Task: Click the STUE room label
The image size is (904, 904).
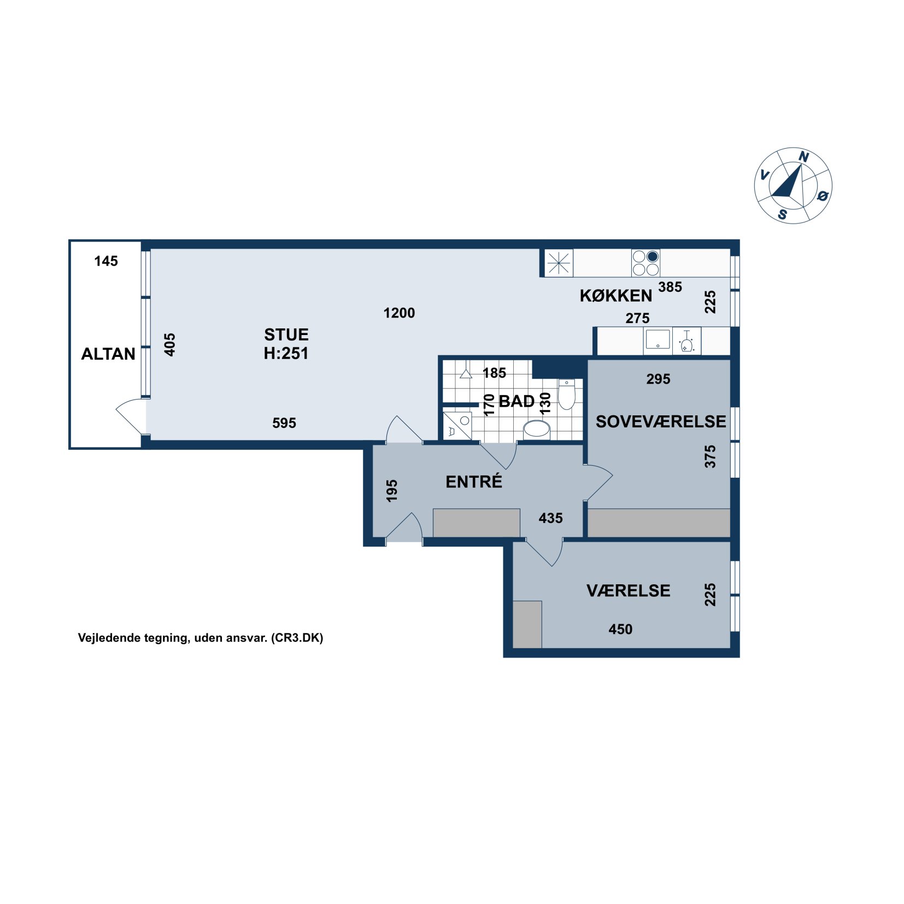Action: point(286,334)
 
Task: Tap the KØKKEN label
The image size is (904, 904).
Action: point(616,296)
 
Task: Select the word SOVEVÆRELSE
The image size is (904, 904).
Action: point(661,421)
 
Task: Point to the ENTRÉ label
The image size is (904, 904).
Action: point(474,482)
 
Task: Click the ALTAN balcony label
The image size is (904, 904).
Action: point(108,354)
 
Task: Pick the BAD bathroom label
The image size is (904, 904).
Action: point(516,401)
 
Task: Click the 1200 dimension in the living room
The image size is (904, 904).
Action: point(399,313)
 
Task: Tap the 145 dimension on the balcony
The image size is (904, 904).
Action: point(106,261)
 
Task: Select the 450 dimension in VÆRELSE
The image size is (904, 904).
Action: point(620,629)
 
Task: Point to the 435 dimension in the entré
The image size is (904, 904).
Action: point(550,518)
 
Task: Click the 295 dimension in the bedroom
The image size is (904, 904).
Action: point(658,379)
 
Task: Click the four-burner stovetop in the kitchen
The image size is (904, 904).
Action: point(645,263)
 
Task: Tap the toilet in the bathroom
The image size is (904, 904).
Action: point(567,394)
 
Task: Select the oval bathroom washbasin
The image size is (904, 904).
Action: point(537,430)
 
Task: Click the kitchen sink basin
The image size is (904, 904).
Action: point(658,339)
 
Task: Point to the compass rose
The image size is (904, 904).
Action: point(793,185)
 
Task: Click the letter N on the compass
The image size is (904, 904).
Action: point(803,157)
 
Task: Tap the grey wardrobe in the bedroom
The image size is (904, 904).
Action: point(659,523)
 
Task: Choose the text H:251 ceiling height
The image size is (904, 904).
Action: point(286,354)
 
